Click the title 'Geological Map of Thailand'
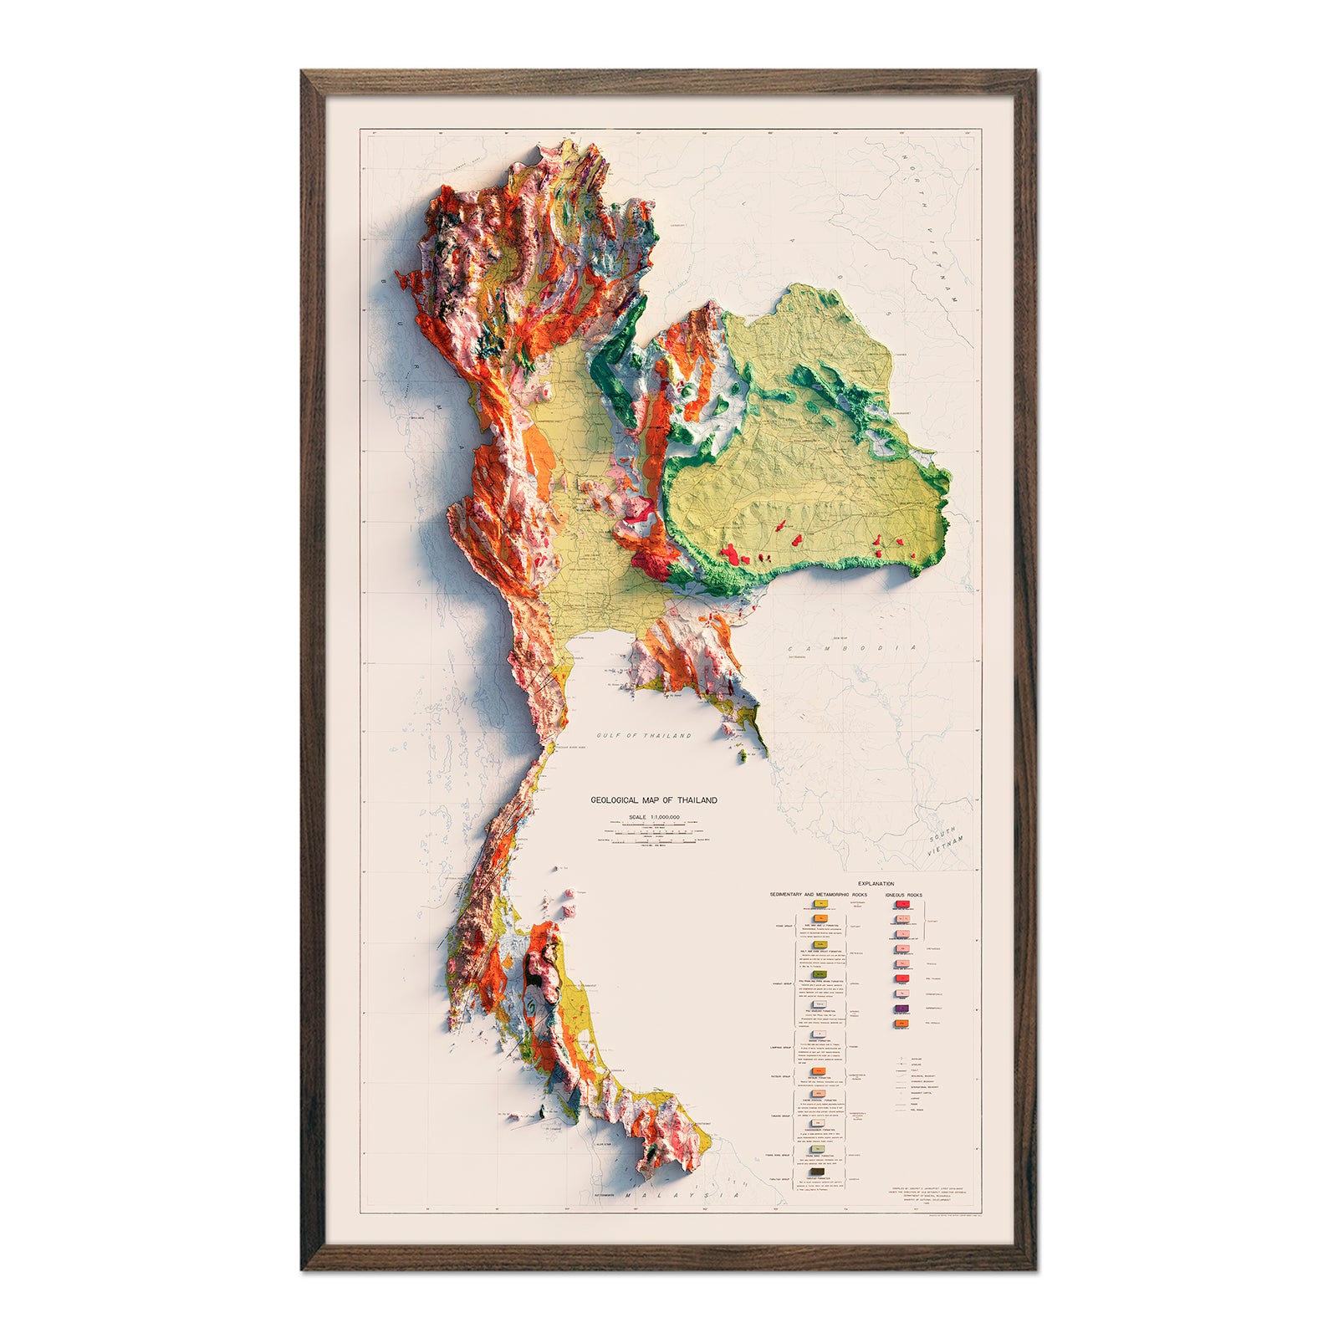point(654,800)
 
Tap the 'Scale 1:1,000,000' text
point(654,816)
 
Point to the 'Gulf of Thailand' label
point(644,736)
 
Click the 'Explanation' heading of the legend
point(876,884)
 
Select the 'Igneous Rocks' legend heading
point(904,895)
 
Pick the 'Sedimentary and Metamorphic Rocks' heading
point(819,895)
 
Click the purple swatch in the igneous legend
point(901,1009)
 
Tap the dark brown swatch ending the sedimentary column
point(818,1171)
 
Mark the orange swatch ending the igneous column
point(901,1024)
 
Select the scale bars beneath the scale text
point(654,834)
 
